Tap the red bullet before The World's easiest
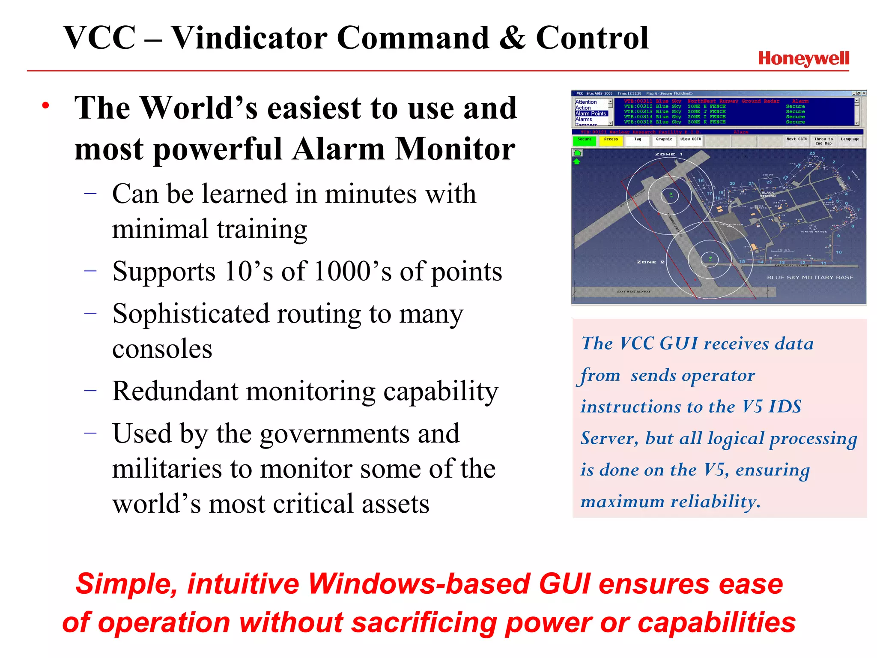pos(46,105)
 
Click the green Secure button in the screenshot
pos(585,141)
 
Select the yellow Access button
pos(611,141)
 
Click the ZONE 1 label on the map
pos(668,154)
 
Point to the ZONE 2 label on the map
pos(650,262)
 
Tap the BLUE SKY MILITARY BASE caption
pos(810,278)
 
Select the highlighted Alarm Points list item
pos(591,114)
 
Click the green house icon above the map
pos(577,153)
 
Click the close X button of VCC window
pos(864,93)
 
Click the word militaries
pos(167,469)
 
